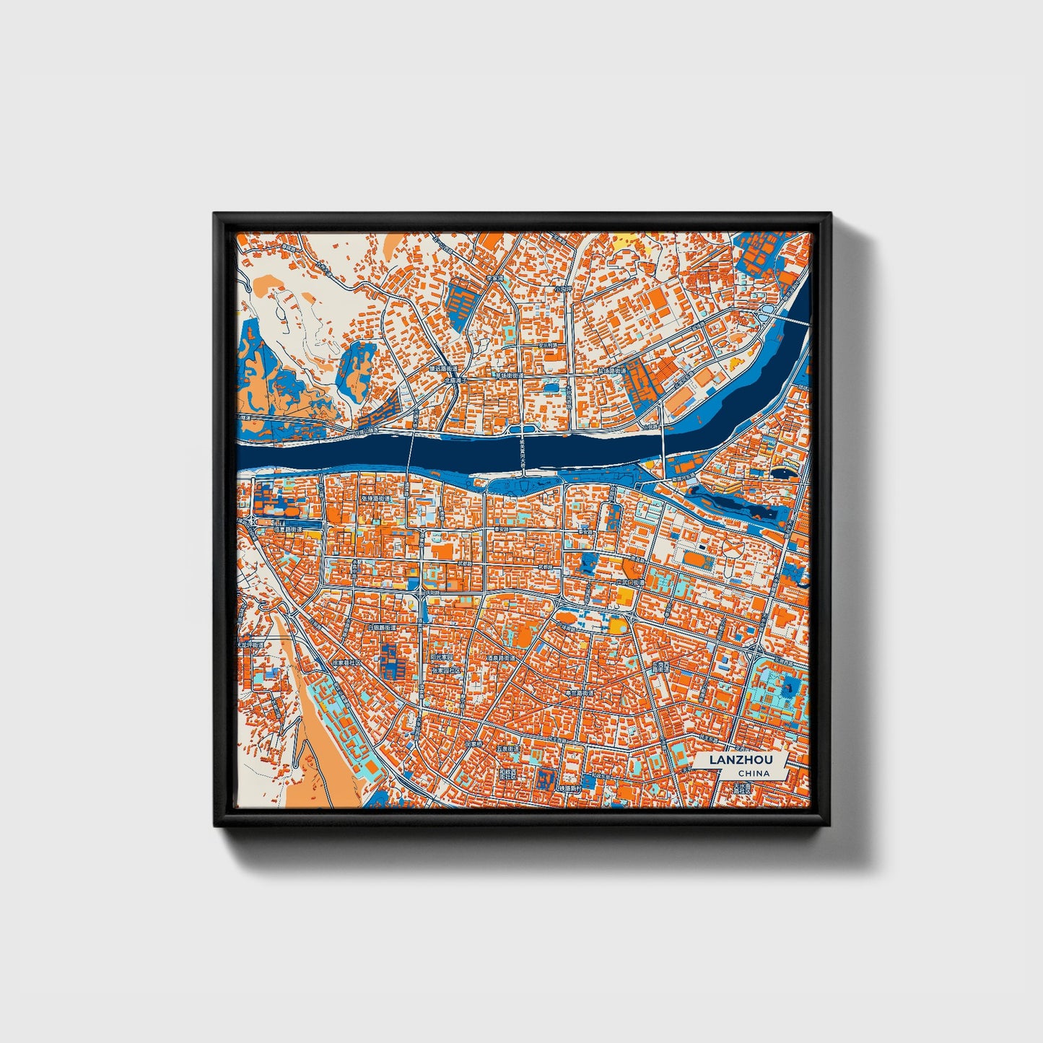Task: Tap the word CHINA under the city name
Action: coord(754,773)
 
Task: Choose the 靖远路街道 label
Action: coord(440,368)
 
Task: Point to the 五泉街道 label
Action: coord(508,749)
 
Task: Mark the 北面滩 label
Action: coord(456,380)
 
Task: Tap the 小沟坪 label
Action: coord(563,288)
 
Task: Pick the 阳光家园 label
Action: coord(441,658)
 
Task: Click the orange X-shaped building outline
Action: coord(734,550)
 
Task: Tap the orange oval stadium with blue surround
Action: coord(696,559)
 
